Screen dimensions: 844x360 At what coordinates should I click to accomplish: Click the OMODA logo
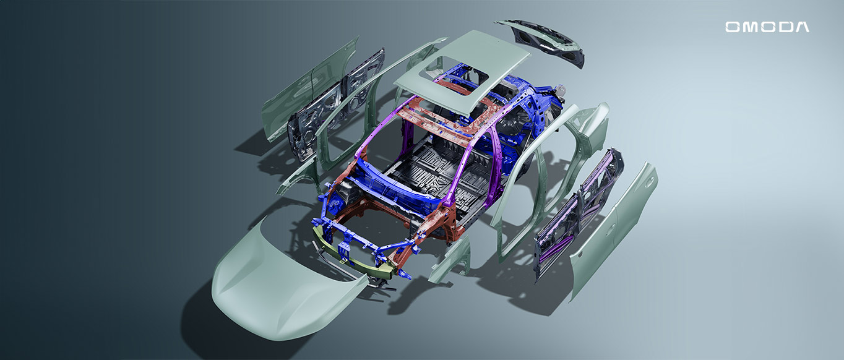(x=767, y=27)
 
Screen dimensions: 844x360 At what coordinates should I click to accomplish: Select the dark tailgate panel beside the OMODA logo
(x=543, y=41)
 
